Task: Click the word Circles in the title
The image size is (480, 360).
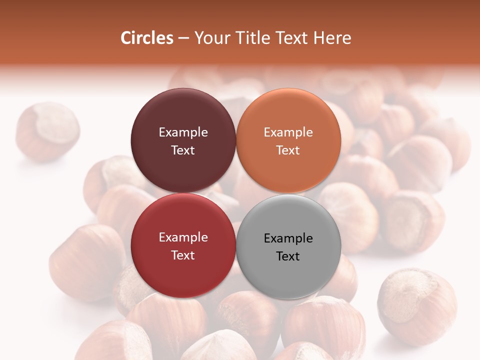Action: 146,38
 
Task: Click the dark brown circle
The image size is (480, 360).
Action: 183,115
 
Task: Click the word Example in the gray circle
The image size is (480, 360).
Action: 288,238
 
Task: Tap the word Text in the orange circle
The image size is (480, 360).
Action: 288,150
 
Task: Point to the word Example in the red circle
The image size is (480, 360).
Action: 183,237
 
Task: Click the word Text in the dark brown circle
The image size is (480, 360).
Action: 183,150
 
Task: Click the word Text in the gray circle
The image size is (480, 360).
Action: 288,256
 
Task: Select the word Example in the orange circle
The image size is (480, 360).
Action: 288,132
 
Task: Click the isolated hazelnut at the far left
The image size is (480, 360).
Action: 47,131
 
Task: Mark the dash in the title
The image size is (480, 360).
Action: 183,38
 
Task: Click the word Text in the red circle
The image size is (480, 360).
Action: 183,255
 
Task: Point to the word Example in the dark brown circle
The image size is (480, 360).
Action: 183,132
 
